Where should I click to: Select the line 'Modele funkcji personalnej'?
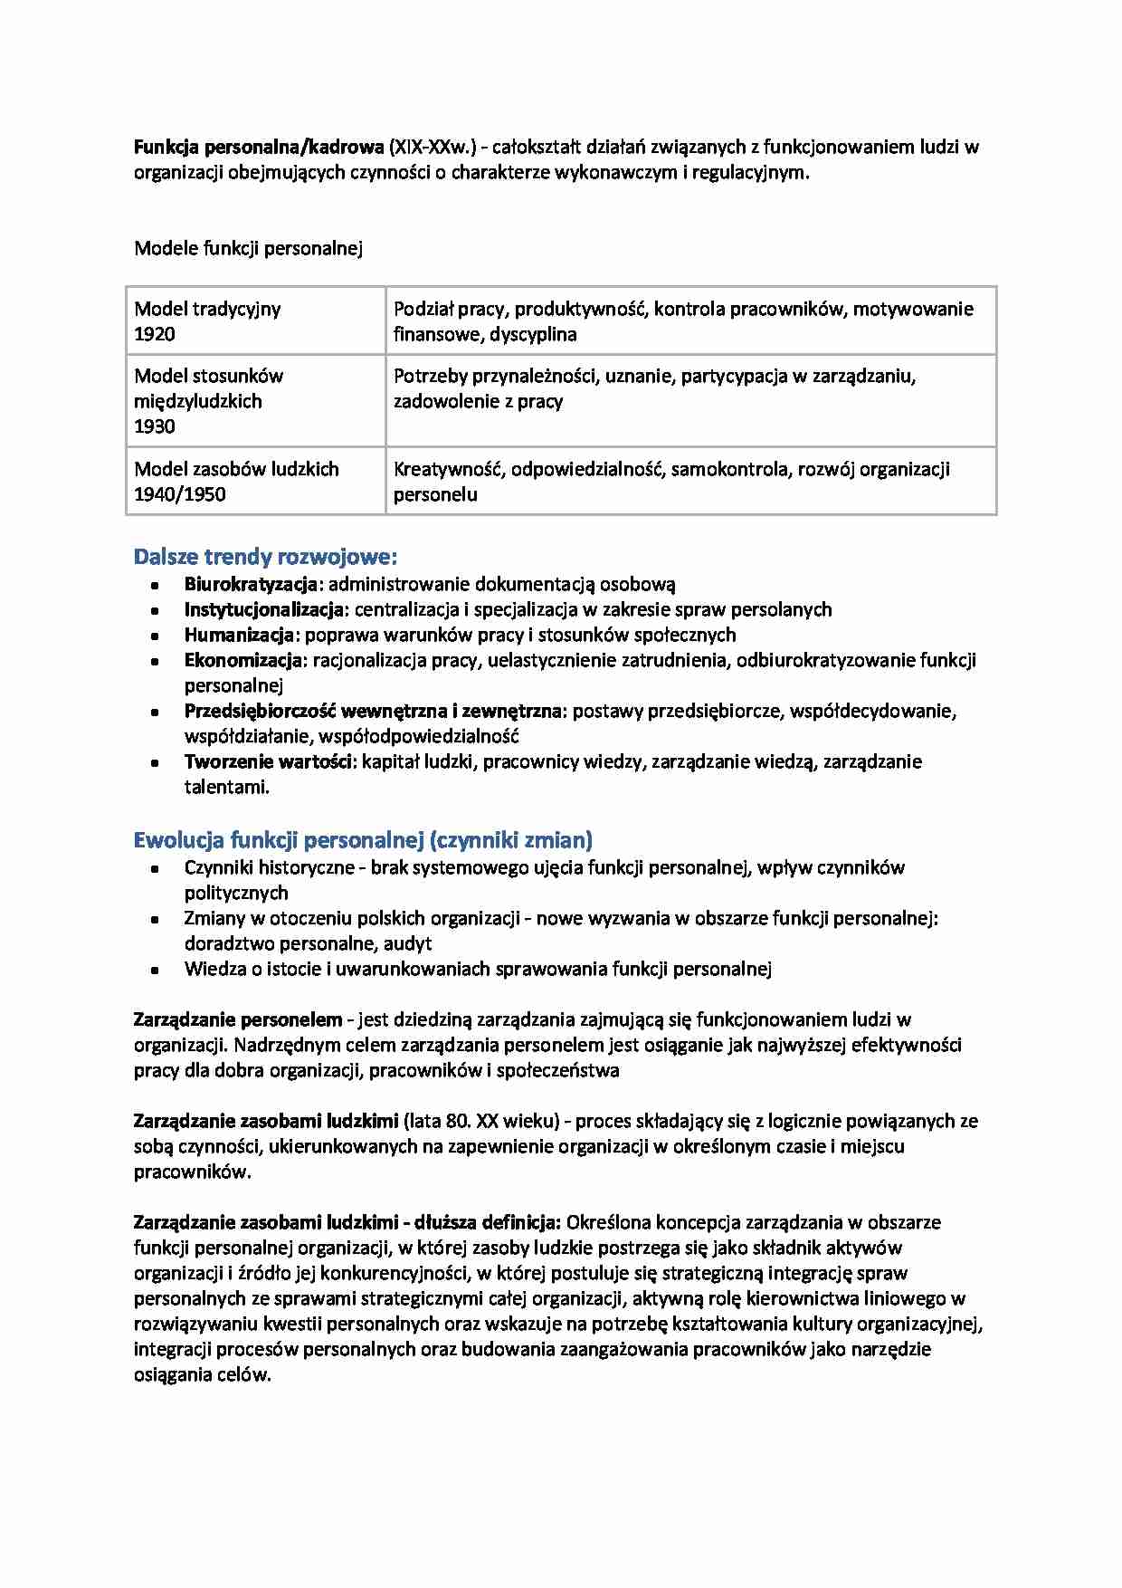click(x=248, y=248)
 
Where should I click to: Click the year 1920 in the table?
click(x=155, y=334)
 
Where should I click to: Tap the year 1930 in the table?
click(x=155, y=426)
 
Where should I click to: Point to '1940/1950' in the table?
click(x=179, y=494)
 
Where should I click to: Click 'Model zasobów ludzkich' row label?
click(x=236, y=469)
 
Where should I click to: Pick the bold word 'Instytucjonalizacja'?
click(x=264, y=610)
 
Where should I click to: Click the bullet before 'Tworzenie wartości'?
click(x=155, y=763)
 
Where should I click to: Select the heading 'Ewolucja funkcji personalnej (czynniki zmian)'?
click(x=363, y=839)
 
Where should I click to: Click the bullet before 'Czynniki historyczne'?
click(x=155, y=868)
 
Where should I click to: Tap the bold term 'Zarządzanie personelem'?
click(x=238, y=1019)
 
